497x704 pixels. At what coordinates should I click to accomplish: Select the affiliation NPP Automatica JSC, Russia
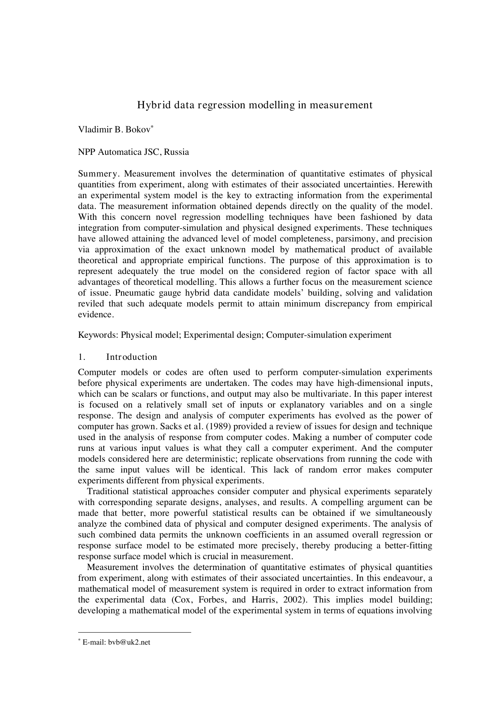[133, 152]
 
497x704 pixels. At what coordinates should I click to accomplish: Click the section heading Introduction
[131, 357]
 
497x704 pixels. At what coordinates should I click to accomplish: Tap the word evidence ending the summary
[96, 314]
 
